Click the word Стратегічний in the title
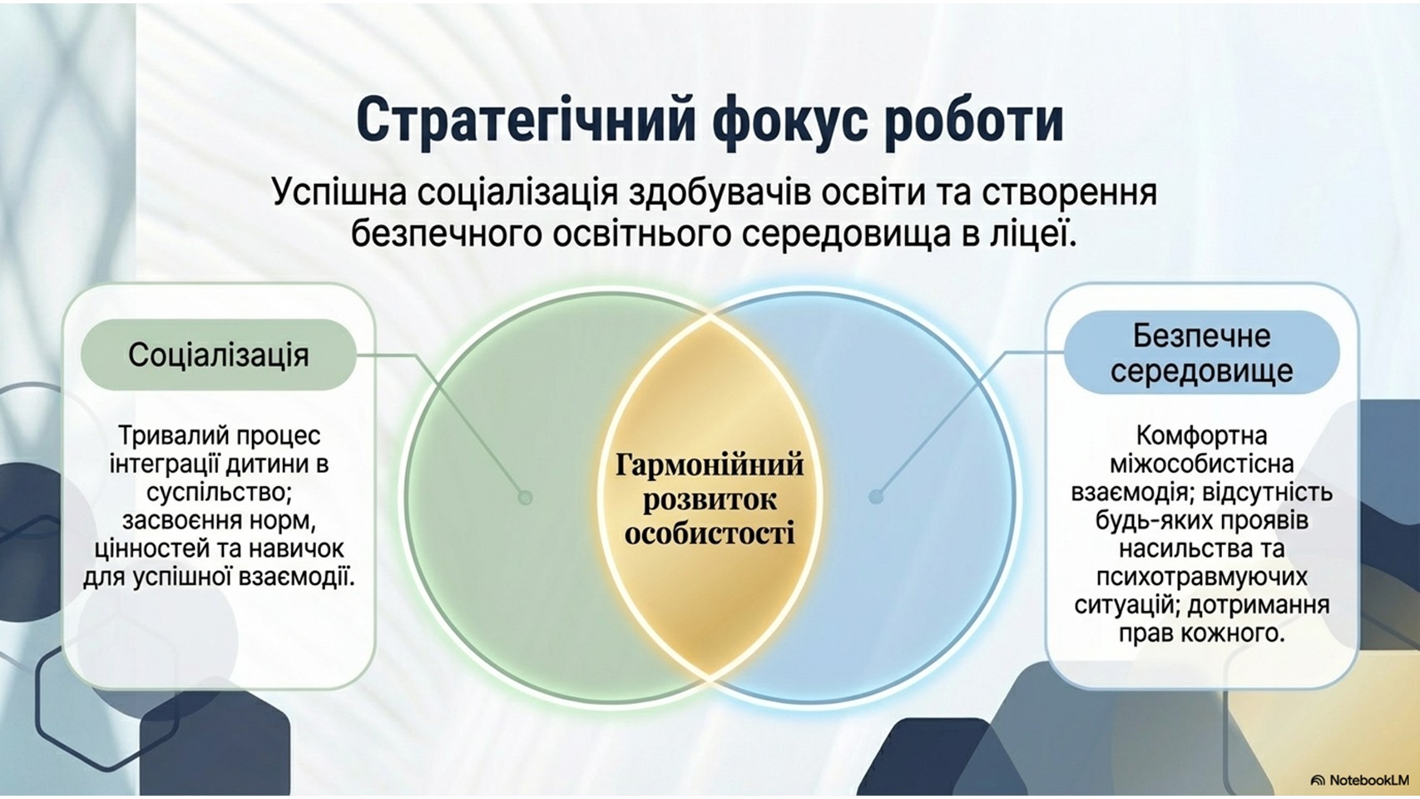(526, 122)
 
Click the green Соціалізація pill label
(219, 355)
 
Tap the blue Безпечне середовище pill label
(1201, 353)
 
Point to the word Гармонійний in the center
(710, 464)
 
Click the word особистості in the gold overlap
(710, 533)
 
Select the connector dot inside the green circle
(525, 497)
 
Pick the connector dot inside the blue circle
(876, 497)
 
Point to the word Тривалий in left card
(176, 435)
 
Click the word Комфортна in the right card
(1201, 435)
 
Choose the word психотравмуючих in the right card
(1202, 578)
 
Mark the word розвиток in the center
(710, 500)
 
